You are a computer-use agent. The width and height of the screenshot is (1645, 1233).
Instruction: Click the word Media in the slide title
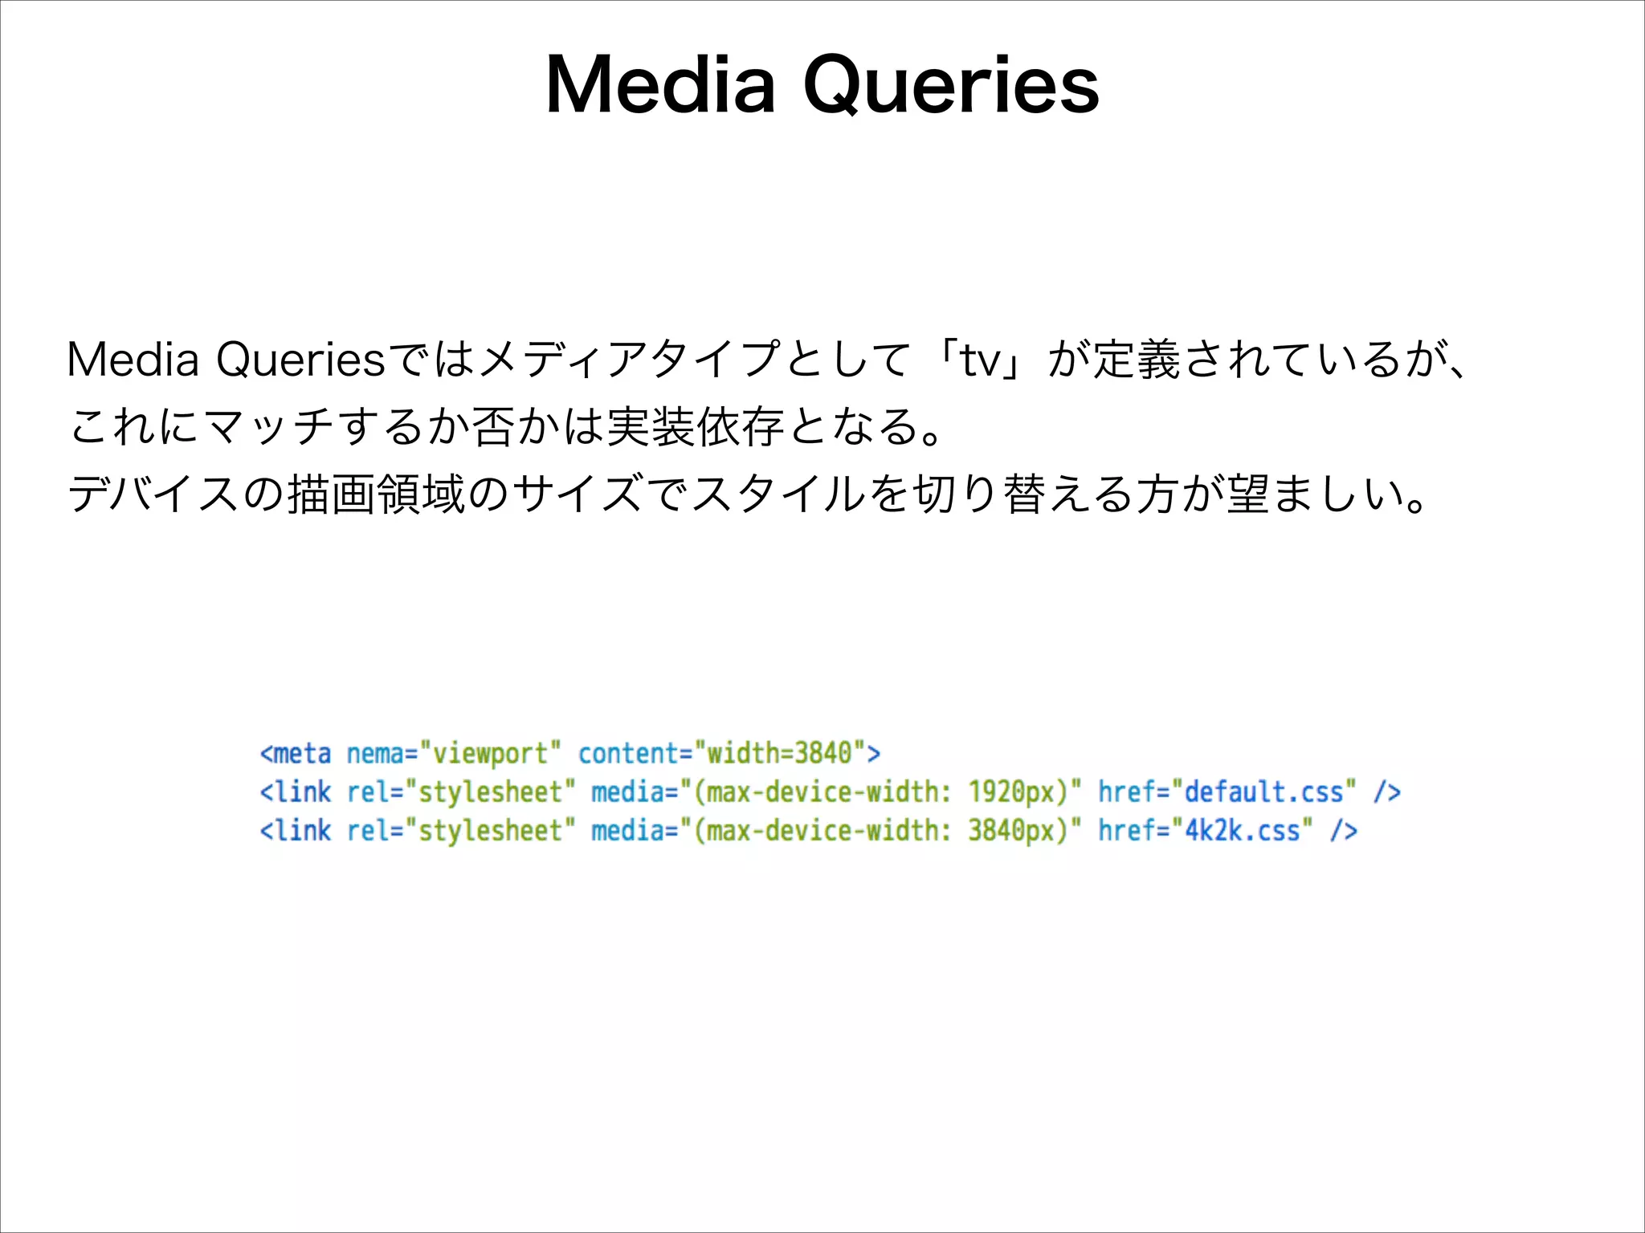point(661,86)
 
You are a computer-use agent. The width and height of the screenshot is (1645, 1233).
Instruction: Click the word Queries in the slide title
point(951,86)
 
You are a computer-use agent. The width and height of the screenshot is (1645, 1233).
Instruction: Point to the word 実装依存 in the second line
point(696,426)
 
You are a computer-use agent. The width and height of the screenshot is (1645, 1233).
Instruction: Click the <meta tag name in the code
point(295,754)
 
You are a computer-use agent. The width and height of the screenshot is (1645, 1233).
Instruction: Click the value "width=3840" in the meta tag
point(780,754)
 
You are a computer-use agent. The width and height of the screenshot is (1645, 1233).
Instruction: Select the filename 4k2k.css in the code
point(1243,831)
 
